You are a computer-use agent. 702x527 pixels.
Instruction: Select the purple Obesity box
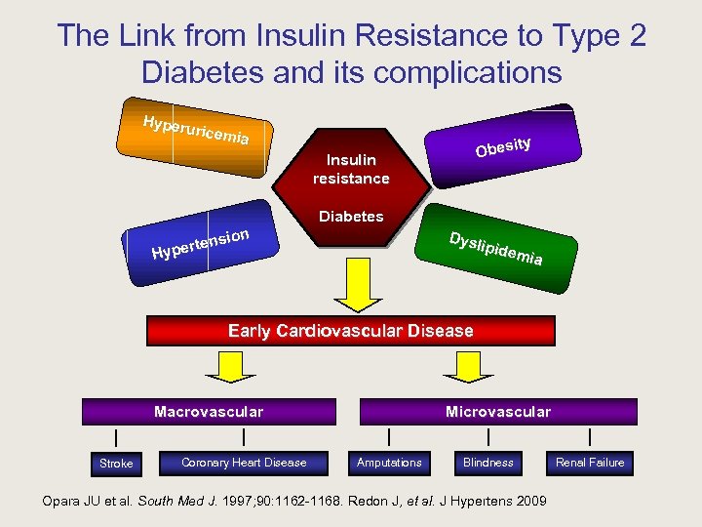point(502,145)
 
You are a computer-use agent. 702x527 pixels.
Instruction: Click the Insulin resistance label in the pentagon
point(351,169)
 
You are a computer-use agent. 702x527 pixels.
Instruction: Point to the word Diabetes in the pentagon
point(351,217)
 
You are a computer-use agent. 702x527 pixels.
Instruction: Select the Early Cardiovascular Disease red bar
point(351,331)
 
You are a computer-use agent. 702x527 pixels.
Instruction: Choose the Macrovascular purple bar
point(209,412)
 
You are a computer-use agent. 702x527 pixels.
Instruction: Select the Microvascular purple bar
point(497,412)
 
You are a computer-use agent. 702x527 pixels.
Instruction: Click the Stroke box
point(116,463)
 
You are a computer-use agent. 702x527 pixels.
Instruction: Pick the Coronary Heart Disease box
point(244,463)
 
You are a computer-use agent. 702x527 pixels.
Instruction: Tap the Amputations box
point(389,463)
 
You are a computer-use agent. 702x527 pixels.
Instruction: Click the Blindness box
point(487,463)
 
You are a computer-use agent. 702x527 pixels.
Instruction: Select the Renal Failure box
point(590,463)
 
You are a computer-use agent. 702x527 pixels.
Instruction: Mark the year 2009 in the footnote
point(531,502)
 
